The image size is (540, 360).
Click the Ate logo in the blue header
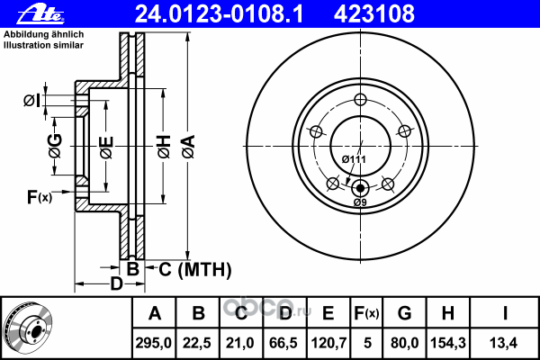tap(40, 14)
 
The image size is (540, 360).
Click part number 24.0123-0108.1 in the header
tap(219, 14)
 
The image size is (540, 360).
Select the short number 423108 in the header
tap(374, 14)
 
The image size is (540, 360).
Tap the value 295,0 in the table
tap(154, 343)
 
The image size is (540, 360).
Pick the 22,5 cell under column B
tap(196, 343)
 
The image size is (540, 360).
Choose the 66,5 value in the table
tap(283, 343)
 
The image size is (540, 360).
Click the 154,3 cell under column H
tap(448, 343)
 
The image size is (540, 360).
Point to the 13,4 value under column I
tap(503, 343)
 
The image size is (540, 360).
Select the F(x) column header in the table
tap(366, 313)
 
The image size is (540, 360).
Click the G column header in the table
tap(405, 313)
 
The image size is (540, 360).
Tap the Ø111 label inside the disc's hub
tap(354, 159)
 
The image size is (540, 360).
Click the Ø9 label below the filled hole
tap(360, 202)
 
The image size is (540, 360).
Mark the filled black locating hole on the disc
tap(360, 188)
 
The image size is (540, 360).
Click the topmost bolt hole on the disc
tap(360, 99)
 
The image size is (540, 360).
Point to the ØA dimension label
tap(189, 147)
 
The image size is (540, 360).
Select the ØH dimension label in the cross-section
tap(164, 147)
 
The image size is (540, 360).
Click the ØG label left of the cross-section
tap(55, 146)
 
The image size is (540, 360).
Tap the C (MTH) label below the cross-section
tap(195, 269)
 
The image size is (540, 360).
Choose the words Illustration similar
tap(43, 45)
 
